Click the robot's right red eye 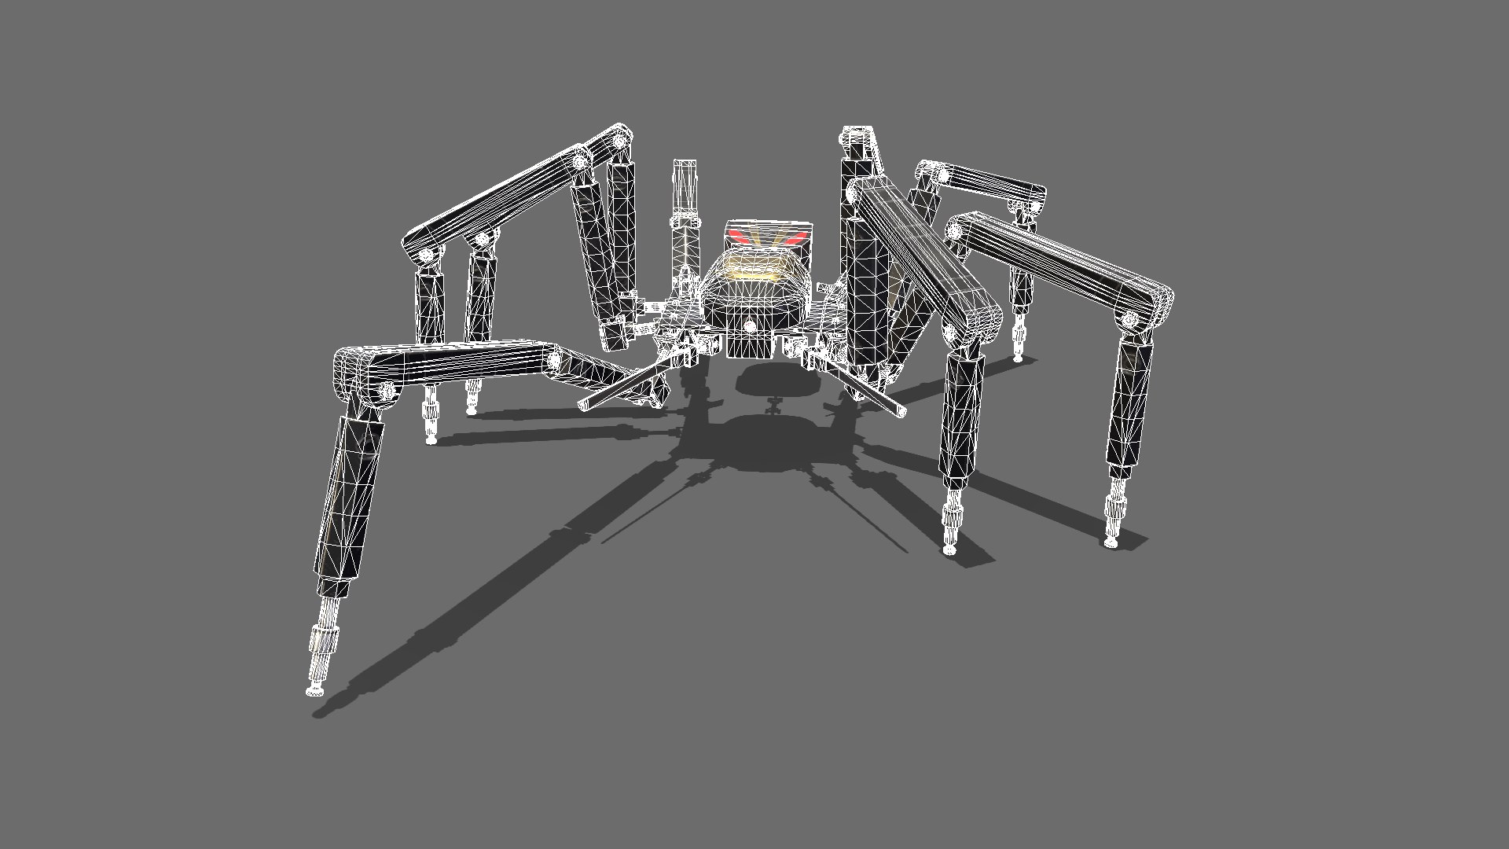pos(795,235)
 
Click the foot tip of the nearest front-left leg pos(314,691)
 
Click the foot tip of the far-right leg pos(1111,542)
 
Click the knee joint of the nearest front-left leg pos(386,390)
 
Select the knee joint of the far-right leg pos(1130,319)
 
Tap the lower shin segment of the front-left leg pos(350,503)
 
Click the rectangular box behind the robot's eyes pos(766,236)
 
